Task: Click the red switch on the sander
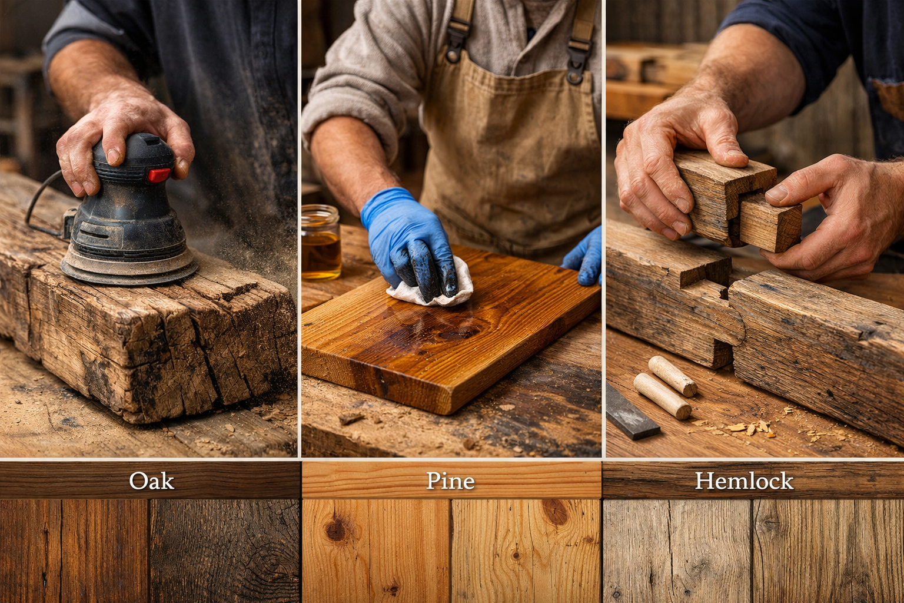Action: (x=158, y=175)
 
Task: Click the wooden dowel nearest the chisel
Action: (x=662, y=396)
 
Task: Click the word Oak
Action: (x=151, y=481)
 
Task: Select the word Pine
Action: (x=450, y=481)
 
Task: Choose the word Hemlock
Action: (x=744, y=481)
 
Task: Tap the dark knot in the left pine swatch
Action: (x=337, y=529)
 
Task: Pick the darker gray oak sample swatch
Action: (x=224, y=551)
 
